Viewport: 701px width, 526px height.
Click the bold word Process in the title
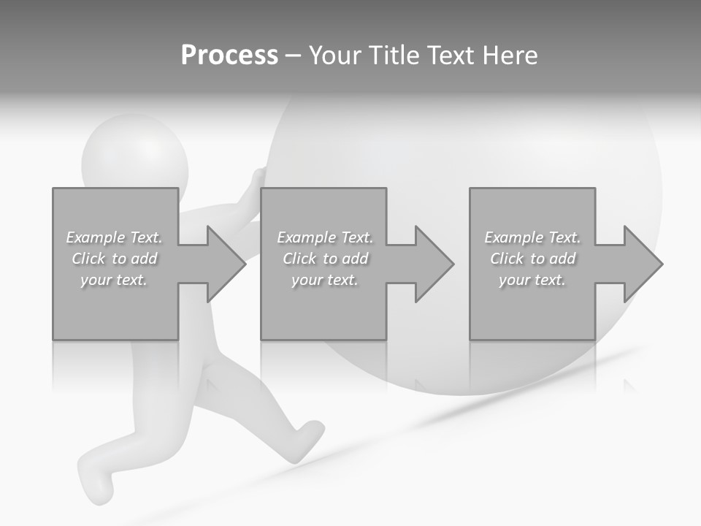click(x=229, y=56)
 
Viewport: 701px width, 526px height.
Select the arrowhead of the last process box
click(x=642, y=264)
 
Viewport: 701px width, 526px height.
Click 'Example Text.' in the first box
click(x=115, y=237)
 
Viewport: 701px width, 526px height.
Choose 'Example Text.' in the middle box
click(x=325, y=237)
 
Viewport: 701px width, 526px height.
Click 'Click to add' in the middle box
click(x=325, y=259)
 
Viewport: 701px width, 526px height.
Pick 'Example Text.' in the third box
click(x=532, y=237)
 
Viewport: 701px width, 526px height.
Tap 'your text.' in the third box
click(x=532, y=280)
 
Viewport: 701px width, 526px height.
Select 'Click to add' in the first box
click(x=115, y=259)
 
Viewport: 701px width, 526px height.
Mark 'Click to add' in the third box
click(x=532, y=259)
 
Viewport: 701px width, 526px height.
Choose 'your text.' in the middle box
click(x=325, y=280)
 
